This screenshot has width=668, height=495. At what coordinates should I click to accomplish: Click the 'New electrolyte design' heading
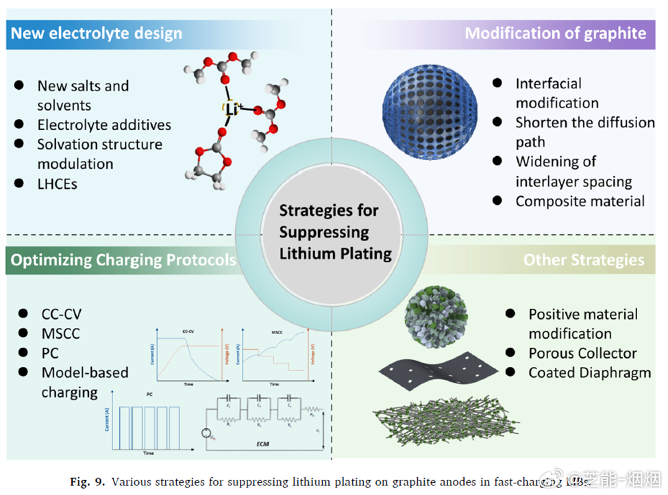[x=97, y=33]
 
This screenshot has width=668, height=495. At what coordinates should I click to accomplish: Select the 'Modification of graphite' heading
[x=555, y=33]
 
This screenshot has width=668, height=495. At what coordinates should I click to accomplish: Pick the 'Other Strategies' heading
[x=584, y=260]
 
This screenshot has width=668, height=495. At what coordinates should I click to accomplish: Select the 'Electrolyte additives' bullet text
[x=104, y=125]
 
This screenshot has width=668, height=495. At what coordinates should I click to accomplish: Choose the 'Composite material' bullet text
[x=580, y=201]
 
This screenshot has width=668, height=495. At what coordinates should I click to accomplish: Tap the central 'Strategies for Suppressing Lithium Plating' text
[x=335, y=231]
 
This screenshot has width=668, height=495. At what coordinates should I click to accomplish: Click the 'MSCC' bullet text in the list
[x=60, y=334]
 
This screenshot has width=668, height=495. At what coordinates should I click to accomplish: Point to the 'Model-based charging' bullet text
[x=84, y=383]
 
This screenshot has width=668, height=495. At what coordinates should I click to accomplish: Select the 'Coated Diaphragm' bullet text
[x=589, y=373]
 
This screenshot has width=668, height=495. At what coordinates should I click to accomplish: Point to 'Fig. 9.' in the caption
[x=88, y=481]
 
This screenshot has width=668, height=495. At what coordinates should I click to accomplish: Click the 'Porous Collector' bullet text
[x=582, y=353]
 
